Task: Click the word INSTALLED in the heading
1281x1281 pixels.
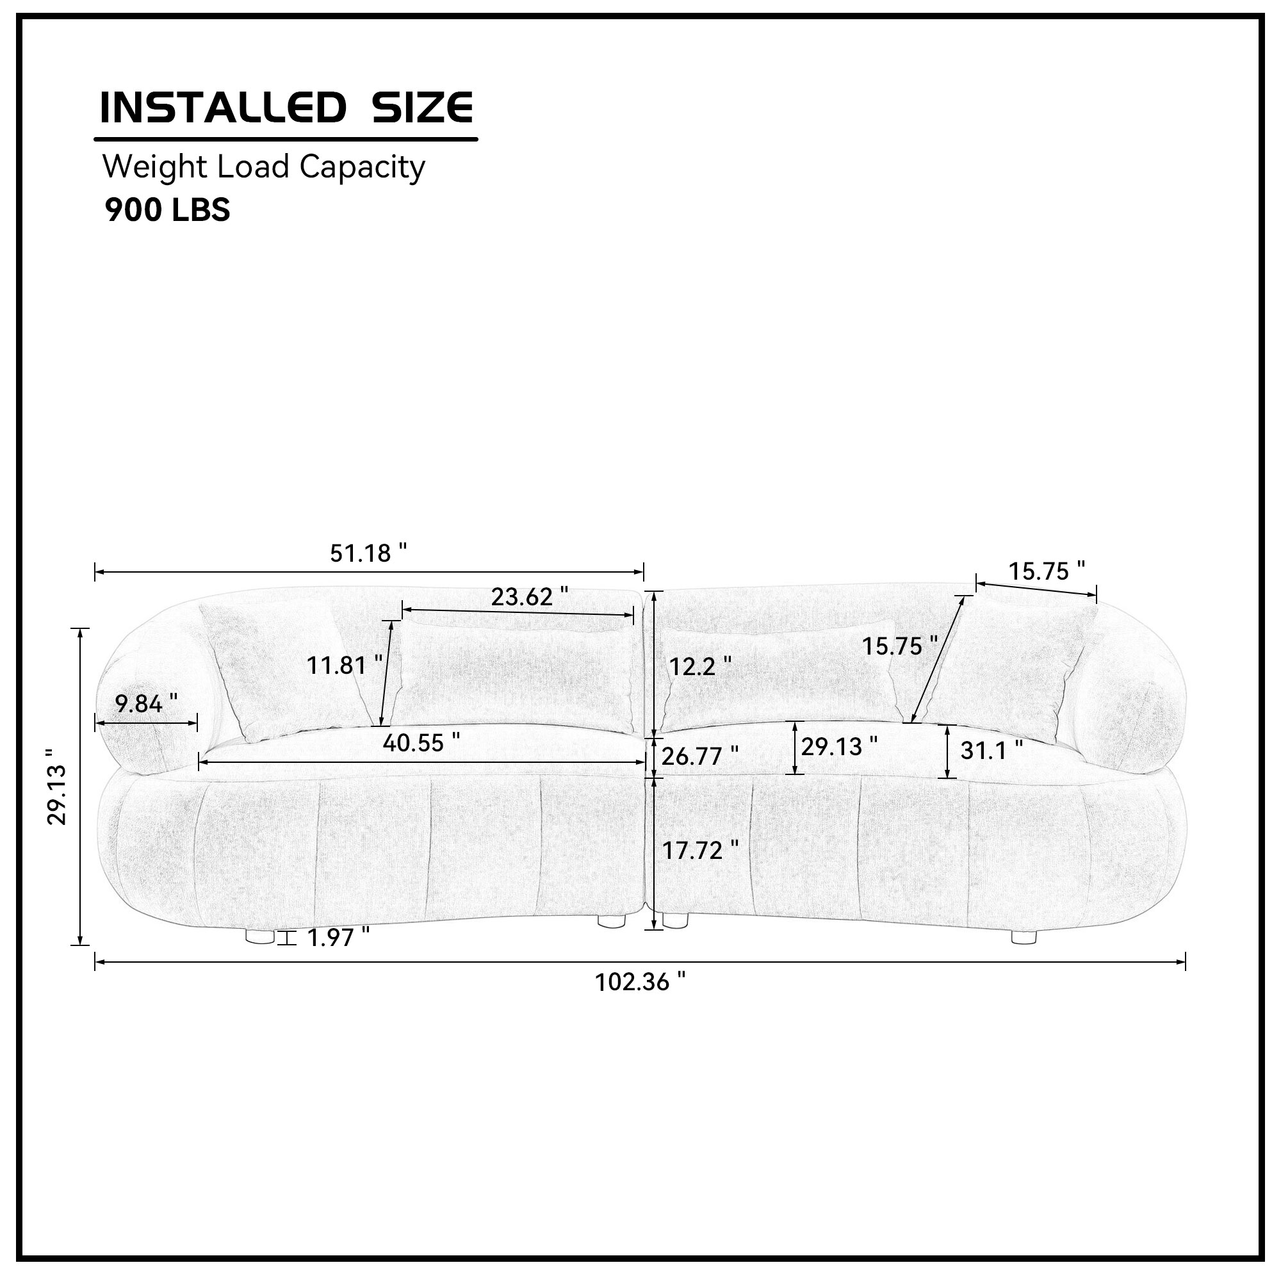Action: (x=223, y=108)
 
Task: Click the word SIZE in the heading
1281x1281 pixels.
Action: (x=423, y=108)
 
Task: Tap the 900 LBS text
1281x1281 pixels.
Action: (x=168, y=210)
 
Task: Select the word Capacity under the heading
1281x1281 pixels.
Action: (x=362, y=168)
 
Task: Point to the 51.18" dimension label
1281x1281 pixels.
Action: (x=369, y=553)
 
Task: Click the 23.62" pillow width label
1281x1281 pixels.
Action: (x=530, y=597)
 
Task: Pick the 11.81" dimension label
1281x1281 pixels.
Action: (x=345, y=664)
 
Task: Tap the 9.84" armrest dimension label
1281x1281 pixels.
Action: (x=147, y=703)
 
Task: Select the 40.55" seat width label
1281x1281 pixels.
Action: (x=421, y=742)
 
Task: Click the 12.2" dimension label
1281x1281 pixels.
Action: (x=700, y=666)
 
